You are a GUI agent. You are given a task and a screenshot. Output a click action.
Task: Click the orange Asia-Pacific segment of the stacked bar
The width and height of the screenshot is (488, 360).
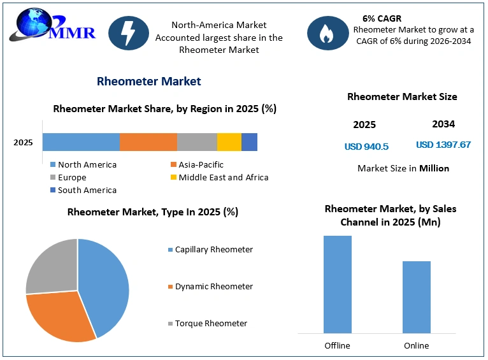point(148,142)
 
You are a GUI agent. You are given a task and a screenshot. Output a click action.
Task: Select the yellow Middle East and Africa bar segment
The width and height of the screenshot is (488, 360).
point(229,142)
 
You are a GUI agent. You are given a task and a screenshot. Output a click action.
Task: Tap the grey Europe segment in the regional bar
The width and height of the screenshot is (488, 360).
point(197,142)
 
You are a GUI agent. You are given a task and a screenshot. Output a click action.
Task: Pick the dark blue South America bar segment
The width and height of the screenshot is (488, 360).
point(249,142)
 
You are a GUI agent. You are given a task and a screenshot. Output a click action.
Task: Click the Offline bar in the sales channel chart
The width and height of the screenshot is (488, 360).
point(338,284)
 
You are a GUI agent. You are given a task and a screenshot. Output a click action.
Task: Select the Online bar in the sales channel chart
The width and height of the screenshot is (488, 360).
point(417,297)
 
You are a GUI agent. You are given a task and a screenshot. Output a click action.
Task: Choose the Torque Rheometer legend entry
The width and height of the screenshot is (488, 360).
point(208,324)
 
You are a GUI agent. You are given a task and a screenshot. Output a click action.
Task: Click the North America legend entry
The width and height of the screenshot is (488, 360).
point(83,164)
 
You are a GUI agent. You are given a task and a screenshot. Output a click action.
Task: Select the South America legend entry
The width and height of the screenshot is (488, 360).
point(83,190)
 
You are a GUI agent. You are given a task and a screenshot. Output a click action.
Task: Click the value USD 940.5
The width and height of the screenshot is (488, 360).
point(366,147)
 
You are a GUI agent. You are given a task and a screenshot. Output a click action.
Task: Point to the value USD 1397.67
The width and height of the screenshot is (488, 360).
point(443,145)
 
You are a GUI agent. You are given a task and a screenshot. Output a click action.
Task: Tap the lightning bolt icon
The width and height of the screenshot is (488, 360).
point(129,33)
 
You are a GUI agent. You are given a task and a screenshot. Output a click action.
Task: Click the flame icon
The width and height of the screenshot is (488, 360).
point(327,33)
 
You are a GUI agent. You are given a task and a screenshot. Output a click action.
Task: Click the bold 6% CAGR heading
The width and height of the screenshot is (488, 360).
point(382,18)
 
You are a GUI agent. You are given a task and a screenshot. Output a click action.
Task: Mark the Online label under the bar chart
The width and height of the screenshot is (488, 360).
point(417,346)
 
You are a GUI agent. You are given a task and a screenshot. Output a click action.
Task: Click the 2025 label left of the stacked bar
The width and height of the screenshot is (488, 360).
point(23,143)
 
